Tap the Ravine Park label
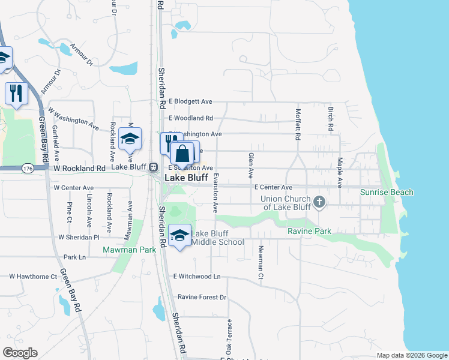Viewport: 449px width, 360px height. [x=310, y=231]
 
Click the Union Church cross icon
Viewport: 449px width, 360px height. [x=319, y=202]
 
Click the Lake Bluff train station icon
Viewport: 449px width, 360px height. [x=153, y=167]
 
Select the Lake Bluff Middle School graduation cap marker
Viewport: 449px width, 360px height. [x=179, y=236]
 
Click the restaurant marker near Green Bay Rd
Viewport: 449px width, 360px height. [x=16, y=93]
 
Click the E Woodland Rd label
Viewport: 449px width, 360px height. [x=191, y=118]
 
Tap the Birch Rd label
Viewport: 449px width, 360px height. [x=330, y=119]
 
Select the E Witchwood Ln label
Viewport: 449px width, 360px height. [x=197, y=277]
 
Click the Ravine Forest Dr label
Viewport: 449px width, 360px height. [x=201, y=297]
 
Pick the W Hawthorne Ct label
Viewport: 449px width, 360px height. [x=32, y=277]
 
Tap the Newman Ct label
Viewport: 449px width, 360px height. [x=261, y=263]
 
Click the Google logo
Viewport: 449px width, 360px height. [x=20, y=353]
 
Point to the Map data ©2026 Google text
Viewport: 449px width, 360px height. [x=411, y=355]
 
